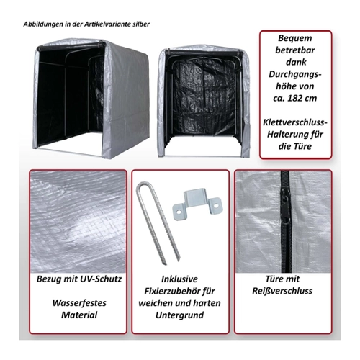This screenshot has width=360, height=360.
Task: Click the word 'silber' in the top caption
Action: [x=141, y=24]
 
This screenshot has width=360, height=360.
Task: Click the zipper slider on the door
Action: [x=285, y=209]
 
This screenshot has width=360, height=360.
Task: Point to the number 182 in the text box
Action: [x=294, y=98]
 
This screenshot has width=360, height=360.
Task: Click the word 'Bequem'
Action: [x=295, y=38]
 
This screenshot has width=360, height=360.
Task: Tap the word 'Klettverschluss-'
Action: [x=295, y=122]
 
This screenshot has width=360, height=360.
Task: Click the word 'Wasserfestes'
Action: [x=79, y=303]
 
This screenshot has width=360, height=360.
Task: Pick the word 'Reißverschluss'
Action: [x=282, y=291]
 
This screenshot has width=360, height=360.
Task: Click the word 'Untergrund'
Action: [x=179, y=315]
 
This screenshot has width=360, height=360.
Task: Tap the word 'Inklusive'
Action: [x=179, y=279]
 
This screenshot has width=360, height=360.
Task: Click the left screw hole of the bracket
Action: [x=179, y=212]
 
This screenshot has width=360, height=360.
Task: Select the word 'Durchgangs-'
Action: [x=295, y=74]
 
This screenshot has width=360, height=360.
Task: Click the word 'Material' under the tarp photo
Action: [x=79, y=315]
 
